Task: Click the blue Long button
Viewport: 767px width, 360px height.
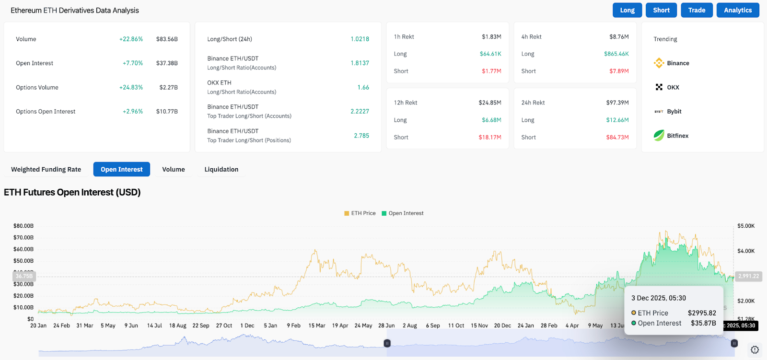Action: [627, 10]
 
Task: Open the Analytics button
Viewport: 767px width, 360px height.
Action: [738, 10]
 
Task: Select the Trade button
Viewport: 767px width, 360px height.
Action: [697, 10]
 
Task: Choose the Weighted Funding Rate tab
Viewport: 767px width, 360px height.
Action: [46, 169]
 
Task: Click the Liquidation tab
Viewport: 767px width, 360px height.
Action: [221, 169]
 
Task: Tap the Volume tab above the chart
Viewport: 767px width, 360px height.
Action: [173, 169]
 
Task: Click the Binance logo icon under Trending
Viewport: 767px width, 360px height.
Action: [659, 63]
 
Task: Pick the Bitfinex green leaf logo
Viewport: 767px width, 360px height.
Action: [659, 135]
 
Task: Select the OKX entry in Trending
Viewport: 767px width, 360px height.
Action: [673, 87]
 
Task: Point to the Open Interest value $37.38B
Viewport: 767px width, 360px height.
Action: [167, 63]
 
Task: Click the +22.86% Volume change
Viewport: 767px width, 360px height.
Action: [131, 39]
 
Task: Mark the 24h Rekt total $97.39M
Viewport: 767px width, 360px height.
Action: [617, 103]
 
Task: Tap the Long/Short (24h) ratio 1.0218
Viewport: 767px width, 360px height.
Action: [360, 39]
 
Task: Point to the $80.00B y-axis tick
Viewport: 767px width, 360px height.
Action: [23, 226]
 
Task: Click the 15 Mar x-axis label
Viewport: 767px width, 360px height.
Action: [317, 325]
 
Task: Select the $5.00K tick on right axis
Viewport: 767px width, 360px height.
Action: [746, 226]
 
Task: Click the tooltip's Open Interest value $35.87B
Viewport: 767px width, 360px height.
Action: [703, 323]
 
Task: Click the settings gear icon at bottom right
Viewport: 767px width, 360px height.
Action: [755, 349]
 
